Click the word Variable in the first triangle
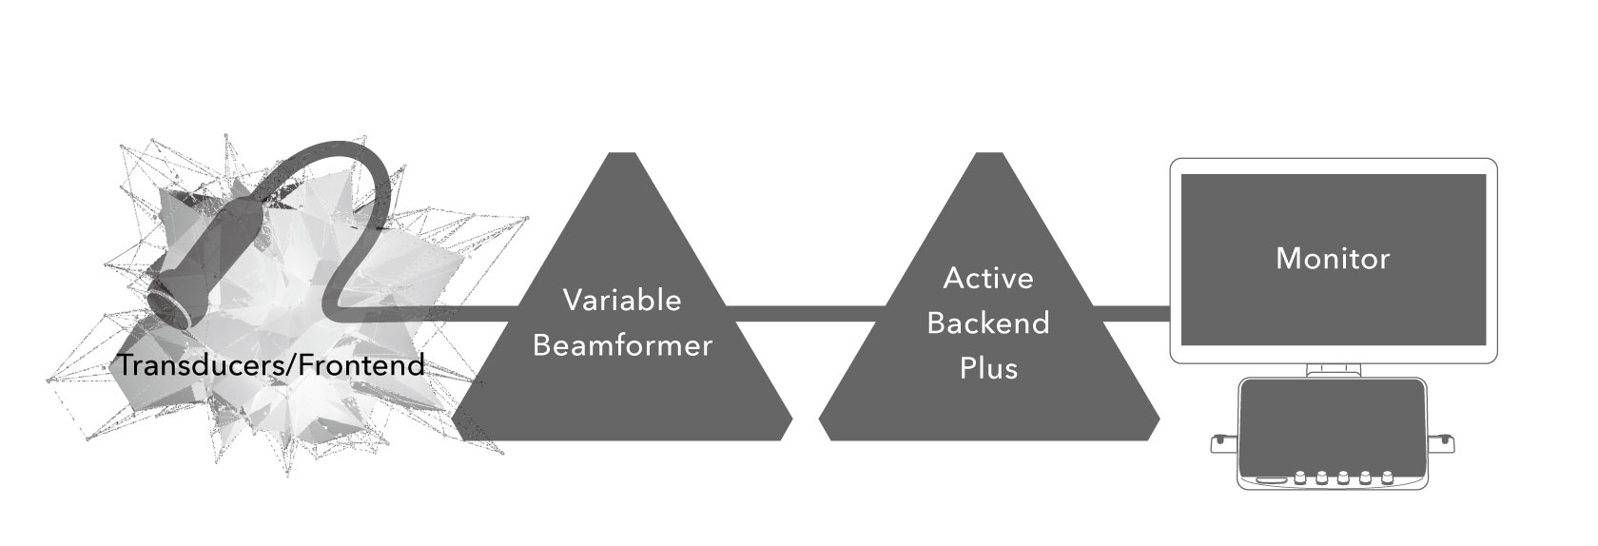622,300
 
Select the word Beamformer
622,344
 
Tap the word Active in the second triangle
988,278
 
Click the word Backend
988,322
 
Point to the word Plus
988,367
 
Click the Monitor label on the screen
1333,258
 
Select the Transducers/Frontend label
271,364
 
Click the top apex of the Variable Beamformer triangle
622,158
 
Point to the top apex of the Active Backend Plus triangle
988,158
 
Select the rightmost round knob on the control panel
1388,478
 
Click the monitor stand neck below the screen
1333,370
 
